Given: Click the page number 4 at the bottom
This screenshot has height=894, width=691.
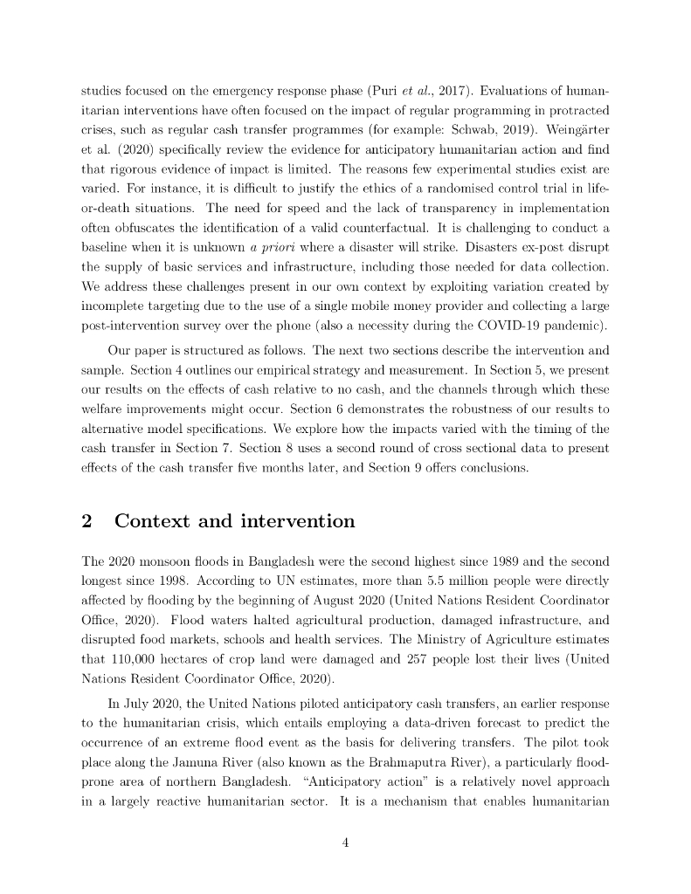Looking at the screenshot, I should (345, 842).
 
